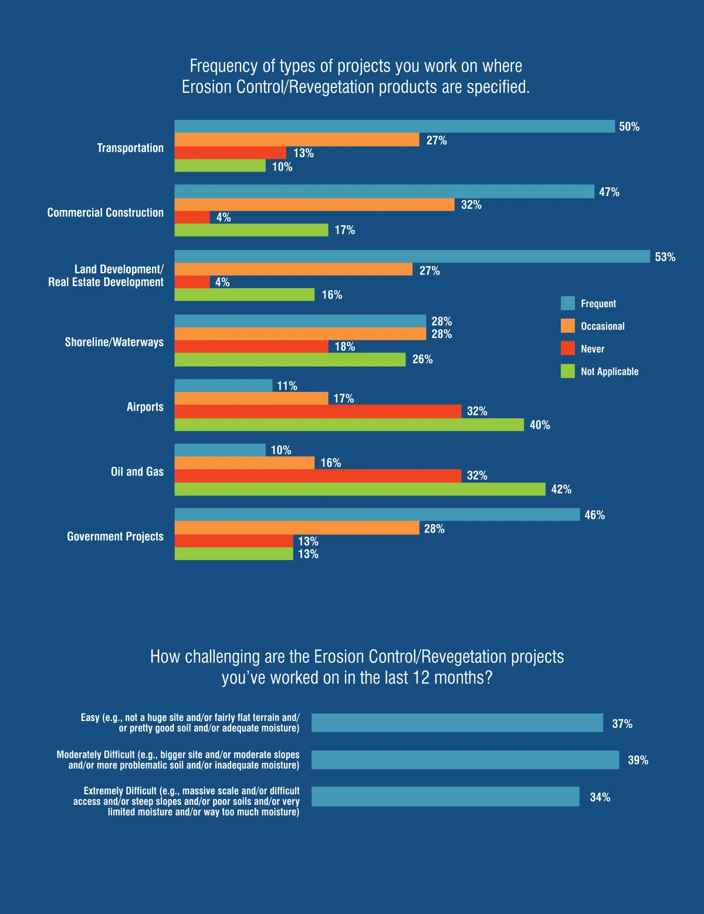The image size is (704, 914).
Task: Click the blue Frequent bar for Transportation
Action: tap(394, 126)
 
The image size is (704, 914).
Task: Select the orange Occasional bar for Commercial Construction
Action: tap(314, 205)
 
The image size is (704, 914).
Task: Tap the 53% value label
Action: tap(665, 257)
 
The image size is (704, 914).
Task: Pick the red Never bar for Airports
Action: tap(318, 411)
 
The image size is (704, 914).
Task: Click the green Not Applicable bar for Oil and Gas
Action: tap(360, 489)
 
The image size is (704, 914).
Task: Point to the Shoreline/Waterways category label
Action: tap(114, 342)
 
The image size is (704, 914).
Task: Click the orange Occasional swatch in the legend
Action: tap(567, 326)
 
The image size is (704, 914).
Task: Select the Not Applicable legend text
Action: tap(609, 371)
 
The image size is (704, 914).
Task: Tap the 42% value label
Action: tap(561, 489)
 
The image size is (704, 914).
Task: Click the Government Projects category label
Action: tap(115, 536)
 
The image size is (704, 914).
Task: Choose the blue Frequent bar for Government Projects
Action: tap(377, 514)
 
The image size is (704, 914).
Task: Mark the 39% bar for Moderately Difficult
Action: tap(465, 760)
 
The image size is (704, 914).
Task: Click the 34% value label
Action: tap(600, 797)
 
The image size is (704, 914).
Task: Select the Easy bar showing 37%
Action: tap(456, 723)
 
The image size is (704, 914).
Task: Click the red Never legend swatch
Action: tap(567, 348)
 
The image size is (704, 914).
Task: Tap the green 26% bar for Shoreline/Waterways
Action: tap(290, 360)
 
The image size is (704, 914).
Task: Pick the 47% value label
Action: tap(609, 192)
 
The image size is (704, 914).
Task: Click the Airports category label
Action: tap(145, 407)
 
